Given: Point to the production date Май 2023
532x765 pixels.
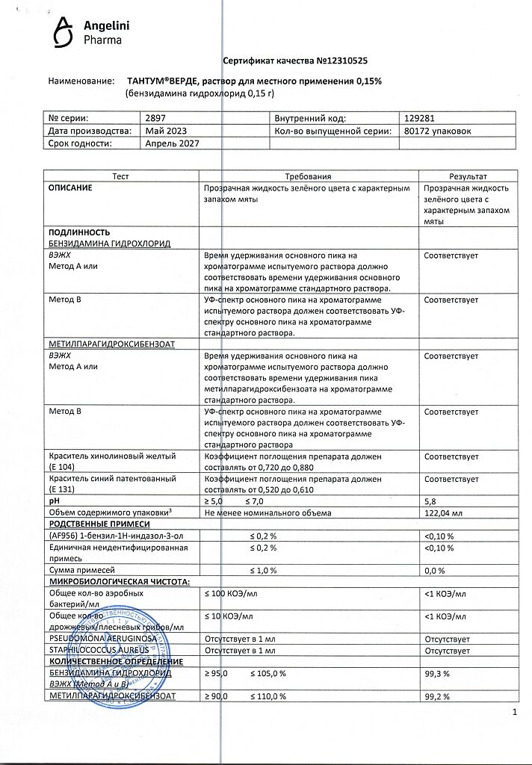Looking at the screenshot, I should (x=165, y=131).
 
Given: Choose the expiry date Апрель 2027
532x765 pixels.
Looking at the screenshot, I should (x=173, y=143).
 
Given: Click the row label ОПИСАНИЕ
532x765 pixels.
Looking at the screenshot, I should (x=70, y=188).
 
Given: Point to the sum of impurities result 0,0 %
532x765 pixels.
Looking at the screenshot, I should (x=435, y=571).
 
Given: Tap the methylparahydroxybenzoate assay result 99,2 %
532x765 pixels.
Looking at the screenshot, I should (x=436, y=696).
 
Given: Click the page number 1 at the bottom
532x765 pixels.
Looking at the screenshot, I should (x=516, y=713).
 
